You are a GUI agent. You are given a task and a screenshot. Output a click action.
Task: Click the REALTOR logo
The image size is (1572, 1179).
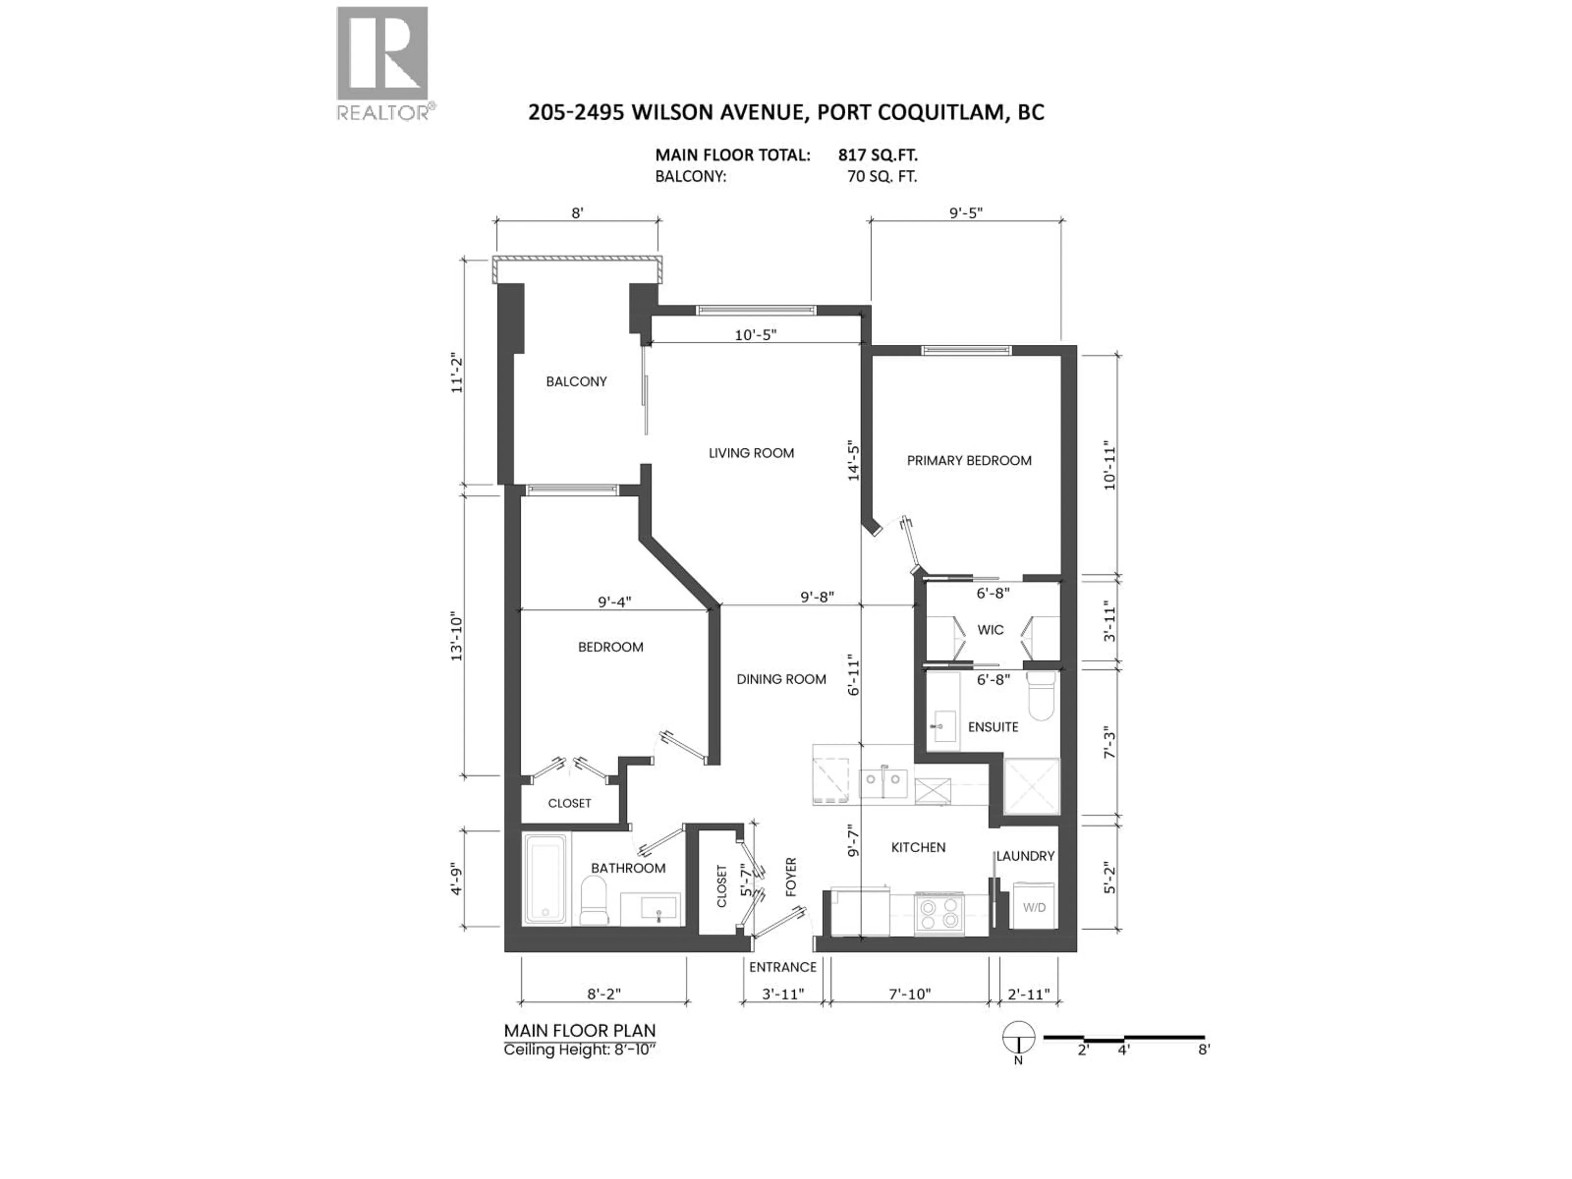click(382, 63)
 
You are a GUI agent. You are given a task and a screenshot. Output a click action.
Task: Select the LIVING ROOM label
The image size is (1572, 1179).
click(751, 453)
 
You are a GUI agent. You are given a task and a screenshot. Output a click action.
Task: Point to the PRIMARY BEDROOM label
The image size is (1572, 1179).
click(969, 461)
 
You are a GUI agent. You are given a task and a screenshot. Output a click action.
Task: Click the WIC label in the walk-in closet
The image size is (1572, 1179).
click(990, 630)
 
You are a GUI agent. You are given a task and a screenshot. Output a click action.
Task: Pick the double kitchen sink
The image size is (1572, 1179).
click(883, 784)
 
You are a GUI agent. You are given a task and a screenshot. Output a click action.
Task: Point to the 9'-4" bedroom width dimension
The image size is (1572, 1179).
click(614, 602)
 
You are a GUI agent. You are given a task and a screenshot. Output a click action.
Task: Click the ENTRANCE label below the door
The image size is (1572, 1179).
click(782, 967)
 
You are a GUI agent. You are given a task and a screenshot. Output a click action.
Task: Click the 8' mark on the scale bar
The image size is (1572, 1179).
click(1203, 1049)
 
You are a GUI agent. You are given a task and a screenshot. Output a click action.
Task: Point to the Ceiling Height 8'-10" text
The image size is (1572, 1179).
click(579, 1050)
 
